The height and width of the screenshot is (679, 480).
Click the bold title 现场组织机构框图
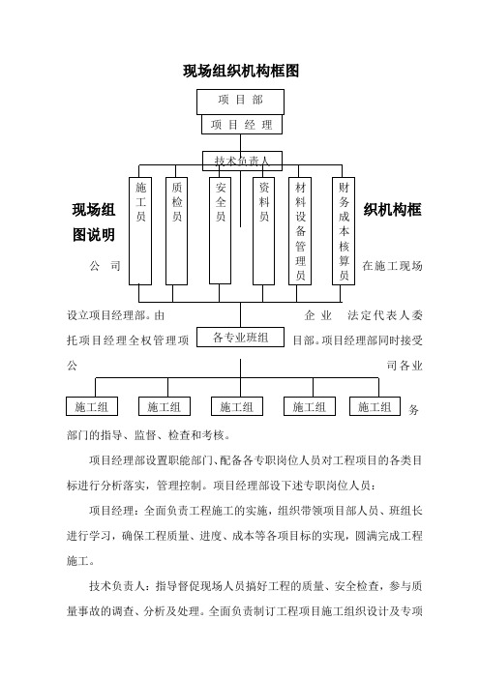241,71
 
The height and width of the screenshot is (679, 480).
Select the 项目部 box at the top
240,102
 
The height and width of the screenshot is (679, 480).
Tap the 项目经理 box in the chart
242,125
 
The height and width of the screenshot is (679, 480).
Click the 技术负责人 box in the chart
242,161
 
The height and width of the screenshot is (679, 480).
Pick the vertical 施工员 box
140,231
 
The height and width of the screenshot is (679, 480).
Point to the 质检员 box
177,231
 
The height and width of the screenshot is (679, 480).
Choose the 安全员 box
220,231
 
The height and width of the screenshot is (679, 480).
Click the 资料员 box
263,231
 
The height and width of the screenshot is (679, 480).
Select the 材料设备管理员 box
300,231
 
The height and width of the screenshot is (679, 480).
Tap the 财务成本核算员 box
344,231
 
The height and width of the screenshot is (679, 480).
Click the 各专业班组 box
240,337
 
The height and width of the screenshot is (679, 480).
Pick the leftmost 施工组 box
92,406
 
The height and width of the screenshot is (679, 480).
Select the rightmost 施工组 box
375,406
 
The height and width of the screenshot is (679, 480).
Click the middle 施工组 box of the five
237,406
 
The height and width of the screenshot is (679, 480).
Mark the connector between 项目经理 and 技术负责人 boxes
240,142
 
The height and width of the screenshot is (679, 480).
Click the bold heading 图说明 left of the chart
94,235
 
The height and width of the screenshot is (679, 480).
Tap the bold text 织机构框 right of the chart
393,210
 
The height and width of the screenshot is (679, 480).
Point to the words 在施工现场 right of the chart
393,266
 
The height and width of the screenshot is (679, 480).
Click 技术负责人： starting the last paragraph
122,586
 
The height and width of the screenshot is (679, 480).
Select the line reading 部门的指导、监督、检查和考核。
149,435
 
